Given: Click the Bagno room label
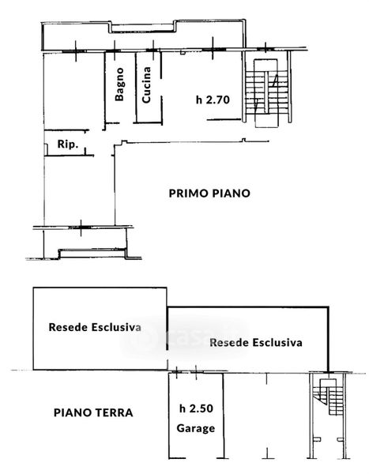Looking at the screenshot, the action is pos(119,84).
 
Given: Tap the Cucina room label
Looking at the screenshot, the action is pos(146,85).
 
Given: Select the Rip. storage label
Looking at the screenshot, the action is pos(68,144).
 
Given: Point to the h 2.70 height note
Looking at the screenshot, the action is pos(213,100).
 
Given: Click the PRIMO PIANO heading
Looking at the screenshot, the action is pos(209,194).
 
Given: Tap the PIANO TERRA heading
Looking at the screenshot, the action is pos(93,412).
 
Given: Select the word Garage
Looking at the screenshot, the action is pos(196,428).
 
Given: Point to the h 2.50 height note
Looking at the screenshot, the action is pos(196,408).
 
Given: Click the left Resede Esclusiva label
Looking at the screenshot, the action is pos(95,327).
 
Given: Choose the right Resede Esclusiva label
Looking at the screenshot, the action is pos(256,343).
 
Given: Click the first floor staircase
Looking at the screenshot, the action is pos(266,93).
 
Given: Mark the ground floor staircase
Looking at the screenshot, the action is pos(328,397).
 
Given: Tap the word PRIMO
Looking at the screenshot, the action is pos(188,194).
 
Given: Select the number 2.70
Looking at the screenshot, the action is pos(218,100).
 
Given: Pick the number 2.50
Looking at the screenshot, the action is pos(201,408).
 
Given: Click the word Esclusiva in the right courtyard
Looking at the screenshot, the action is pos(277,343).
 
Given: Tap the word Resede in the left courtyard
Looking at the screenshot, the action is pos(69,327).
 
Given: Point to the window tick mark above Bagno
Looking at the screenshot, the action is pos(115,51).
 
